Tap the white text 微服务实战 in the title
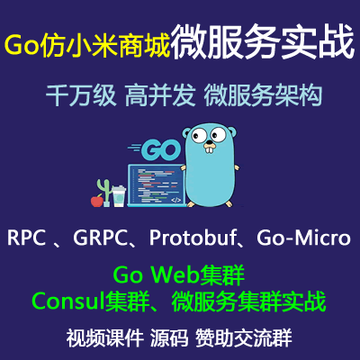point(263,41)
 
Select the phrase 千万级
point(81,95)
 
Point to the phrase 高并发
point(160,95)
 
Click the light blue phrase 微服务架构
point(263,95)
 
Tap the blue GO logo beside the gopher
point(158,149)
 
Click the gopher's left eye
point(199,136)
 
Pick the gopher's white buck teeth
point(209,149)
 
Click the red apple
point(97,201)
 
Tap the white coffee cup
point(118,196)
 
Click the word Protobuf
point(193,238)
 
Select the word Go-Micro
point(303,238)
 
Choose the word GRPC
point(100,238)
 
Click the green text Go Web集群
point(179,275)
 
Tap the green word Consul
point(68,301)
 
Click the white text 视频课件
point(104,338)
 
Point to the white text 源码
point(169,338)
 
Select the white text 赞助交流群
point(244,338)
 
